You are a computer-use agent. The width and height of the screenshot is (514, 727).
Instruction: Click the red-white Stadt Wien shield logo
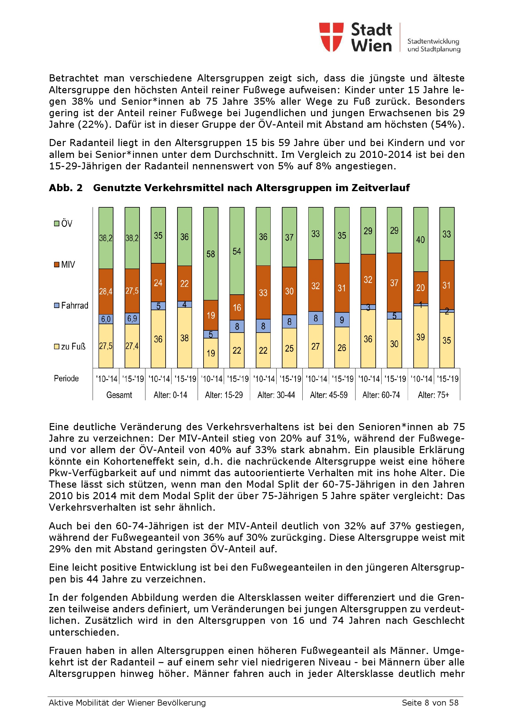pos(331,37)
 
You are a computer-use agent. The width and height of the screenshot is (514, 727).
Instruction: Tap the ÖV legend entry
pos(63,223)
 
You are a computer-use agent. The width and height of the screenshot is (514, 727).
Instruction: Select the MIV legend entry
pos(65,265)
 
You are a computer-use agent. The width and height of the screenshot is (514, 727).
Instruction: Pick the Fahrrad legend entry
pos(71,306)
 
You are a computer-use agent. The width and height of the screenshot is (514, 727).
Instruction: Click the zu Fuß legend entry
pos(70,346)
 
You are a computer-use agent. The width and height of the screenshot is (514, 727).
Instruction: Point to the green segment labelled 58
pos(211,254)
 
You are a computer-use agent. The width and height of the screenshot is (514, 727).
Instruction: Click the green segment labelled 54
pos(237,251)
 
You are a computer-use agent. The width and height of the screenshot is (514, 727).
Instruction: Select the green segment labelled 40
pos(421,240)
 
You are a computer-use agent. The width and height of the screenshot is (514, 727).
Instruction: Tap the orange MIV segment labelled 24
pos(158,283)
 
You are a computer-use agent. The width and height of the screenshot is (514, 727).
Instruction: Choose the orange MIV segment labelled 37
pos(394,283)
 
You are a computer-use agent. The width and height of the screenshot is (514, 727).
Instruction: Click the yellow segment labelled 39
pos(421,337)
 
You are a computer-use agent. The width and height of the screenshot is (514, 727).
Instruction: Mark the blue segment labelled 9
pos(342,320)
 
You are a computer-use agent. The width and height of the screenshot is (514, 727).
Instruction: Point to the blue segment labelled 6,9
pos(132,319)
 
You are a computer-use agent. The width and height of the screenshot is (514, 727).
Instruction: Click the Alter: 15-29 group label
pos(224,395)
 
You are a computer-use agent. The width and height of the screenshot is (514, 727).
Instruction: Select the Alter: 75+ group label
pos(434,395)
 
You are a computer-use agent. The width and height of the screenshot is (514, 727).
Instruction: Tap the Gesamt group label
pos(119,395)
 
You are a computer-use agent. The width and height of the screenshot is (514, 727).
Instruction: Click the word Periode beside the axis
pos(66,378)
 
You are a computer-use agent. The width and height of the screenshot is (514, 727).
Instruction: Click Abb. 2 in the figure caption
pos(66,188)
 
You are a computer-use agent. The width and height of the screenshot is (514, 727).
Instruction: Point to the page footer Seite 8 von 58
pos(430,703)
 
